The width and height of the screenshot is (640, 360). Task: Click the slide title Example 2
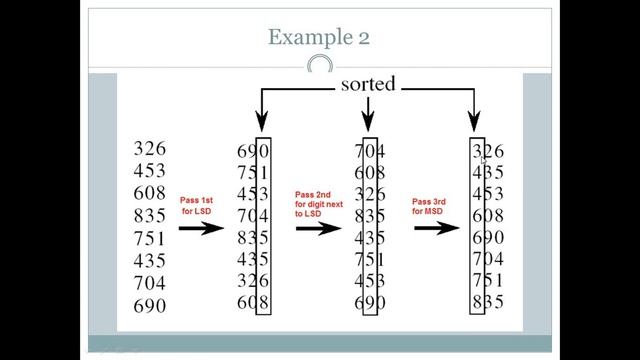coord(319,37)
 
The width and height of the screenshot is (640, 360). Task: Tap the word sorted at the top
coord(369,85)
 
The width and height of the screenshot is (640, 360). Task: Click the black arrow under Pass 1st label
coord(201,228)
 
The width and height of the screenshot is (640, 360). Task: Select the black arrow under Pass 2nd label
coord(317,228)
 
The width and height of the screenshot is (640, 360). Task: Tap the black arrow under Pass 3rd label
coord(434,228)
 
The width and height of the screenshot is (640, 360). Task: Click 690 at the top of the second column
coord(252,150)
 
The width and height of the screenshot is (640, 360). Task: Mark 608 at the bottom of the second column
coord(252,302)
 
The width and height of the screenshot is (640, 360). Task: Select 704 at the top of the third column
coord(370,151)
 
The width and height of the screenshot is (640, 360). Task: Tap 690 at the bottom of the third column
coord(370,302)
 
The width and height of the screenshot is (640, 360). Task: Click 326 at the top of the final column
coord(487,152)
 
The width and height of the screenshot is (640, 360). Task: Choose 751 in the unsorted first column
coord(150,238)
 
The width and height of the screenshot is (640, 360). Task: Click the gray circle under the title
coord(319,67)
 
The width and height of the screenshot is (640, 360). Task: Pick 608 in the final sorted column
coord(487,215)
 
